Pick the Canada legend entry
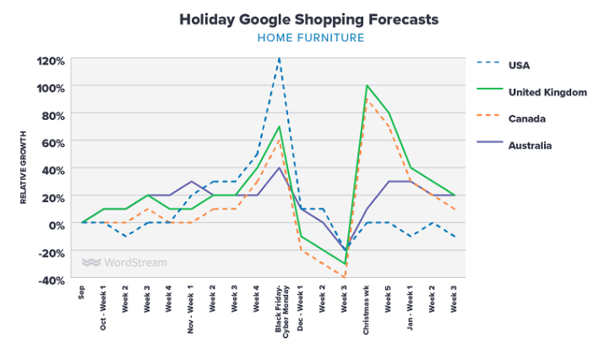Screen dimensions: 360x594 point(526,118)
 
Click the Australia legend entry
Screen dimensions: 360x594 point(530,145)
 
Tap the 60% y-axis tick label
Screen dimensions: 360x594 point(52,142)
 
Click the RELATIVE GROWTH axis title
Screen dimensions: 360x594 point(25,167)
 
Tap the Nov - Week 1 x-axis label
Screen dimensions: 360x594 point(192,308)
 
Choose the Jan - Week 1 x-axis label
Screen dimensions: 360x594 point(411,308)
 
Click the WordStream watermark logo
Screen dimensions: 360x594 point(125,262)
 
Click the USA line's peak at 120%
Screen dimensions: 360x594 point(279,59)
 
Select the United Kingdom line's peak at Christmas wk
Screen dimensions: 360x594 point(367,85)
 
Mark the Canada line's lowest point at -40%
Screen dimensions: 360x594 point(345,277)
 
